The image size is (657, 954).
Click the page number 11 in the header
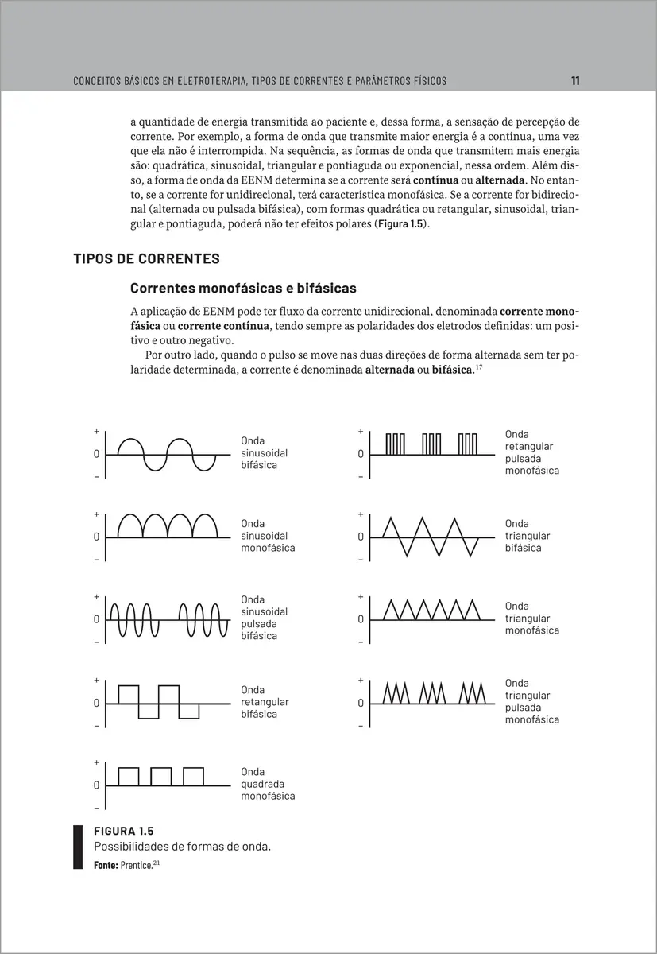tap(575, 80)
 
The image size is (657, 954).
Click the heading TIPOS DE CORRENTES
tap(146, 259)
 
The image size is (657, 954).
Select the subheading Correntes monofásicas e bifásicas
tap(243, 287)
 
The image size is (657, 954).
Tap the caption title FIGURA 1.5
tap(123, 832)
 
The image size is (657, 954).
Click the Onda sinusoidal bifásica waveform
tap(167, 454)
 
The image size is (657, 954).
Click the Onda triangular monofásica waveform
tap(432, 610)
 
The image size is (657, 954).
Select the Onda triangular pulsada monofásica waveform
tap(433, 692)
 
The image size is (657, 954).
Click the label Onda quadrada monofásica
tap(268, 784)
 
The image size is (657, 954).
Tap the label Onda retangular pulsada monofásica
tap(531, 452)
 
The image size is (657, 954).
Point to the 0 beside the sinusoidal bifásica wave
tap(96, 454)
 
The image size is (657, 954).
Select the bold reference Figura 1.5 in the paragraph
tap(404, 225)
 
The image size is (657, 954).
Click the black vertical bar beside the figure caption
tap(78, 847)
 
